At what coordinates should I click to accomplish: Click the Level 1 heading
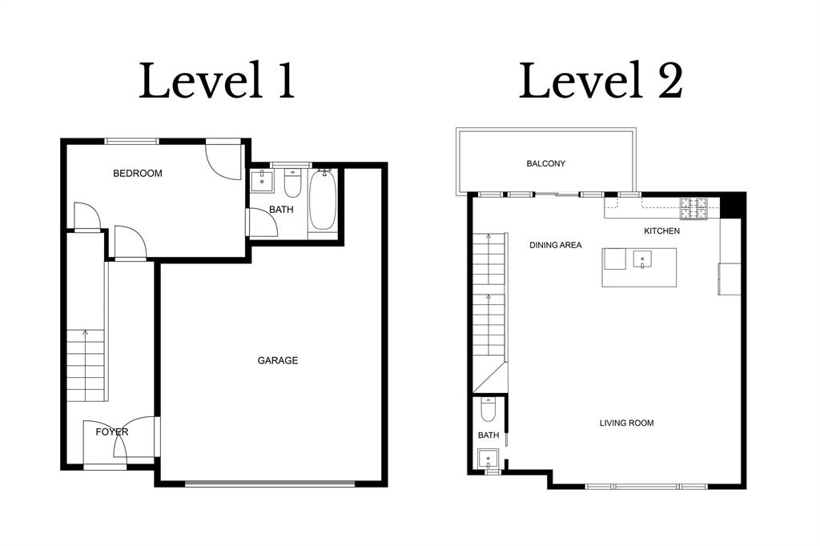217,82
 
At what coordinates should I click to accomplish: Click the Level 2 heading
601,82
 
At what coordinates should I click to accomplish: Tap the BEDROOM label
137,174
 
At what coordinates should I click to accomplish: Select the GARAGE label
277,360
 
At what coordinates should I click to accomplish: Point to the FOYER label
111,432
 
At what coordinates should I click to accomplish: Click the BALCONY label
545,163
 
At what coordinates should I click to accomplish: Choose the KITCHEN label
661,231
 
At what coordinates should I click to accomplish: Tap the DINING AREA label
555,245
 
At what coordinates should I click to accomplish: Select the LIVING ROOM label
627,423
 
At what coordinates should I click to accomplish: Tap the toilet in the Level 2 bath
488,412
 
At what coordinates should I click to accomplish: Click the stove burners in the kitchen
694,208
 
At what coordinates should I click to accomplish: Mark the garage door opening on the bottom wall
269,484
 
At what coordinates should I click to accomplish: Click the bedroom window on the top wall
132,142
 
